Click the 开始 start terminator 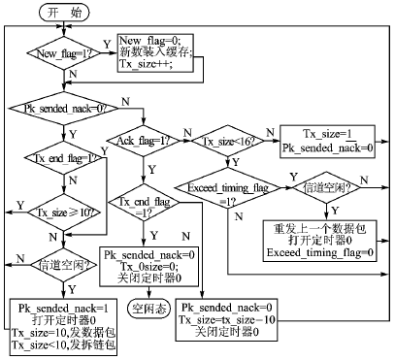pos(61,12)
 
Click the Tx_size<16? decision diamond pos(227,142)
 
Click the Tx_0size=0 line pos(147,266)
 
